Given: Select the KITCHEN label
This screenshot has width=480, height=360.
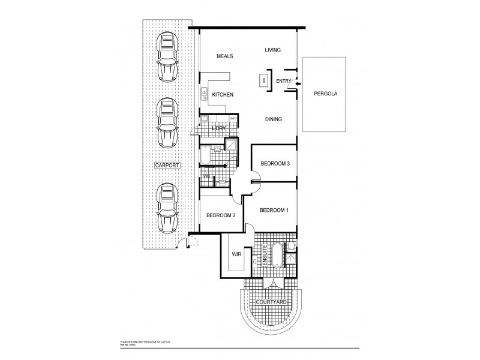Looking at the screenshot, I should point(222,95).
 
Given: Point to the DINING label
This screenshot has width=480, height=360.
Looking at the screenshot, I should point(273,119).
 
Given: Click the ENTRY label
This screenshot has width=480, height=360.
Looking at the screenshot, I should point(283,81).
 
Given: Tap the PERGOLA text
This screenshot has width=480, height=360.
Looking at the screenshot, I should point(325,95).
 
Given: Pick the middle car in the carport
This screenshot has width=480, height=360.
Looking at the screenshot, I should point(167,123).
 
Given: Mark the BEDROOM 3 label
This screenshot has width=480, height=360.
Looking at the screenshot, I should point(275,164).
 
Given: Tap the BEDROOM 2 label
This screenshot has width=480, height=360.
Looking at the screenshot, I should point(221,215).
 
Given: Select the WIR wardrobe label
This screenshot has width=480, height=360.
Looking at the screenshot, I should point(236,254).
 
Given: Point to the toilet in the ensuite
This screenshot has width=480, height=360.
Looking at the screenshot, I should point(290,245).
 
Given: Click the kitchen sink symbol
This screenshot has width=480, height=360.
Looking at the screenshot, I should point(204,93).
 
